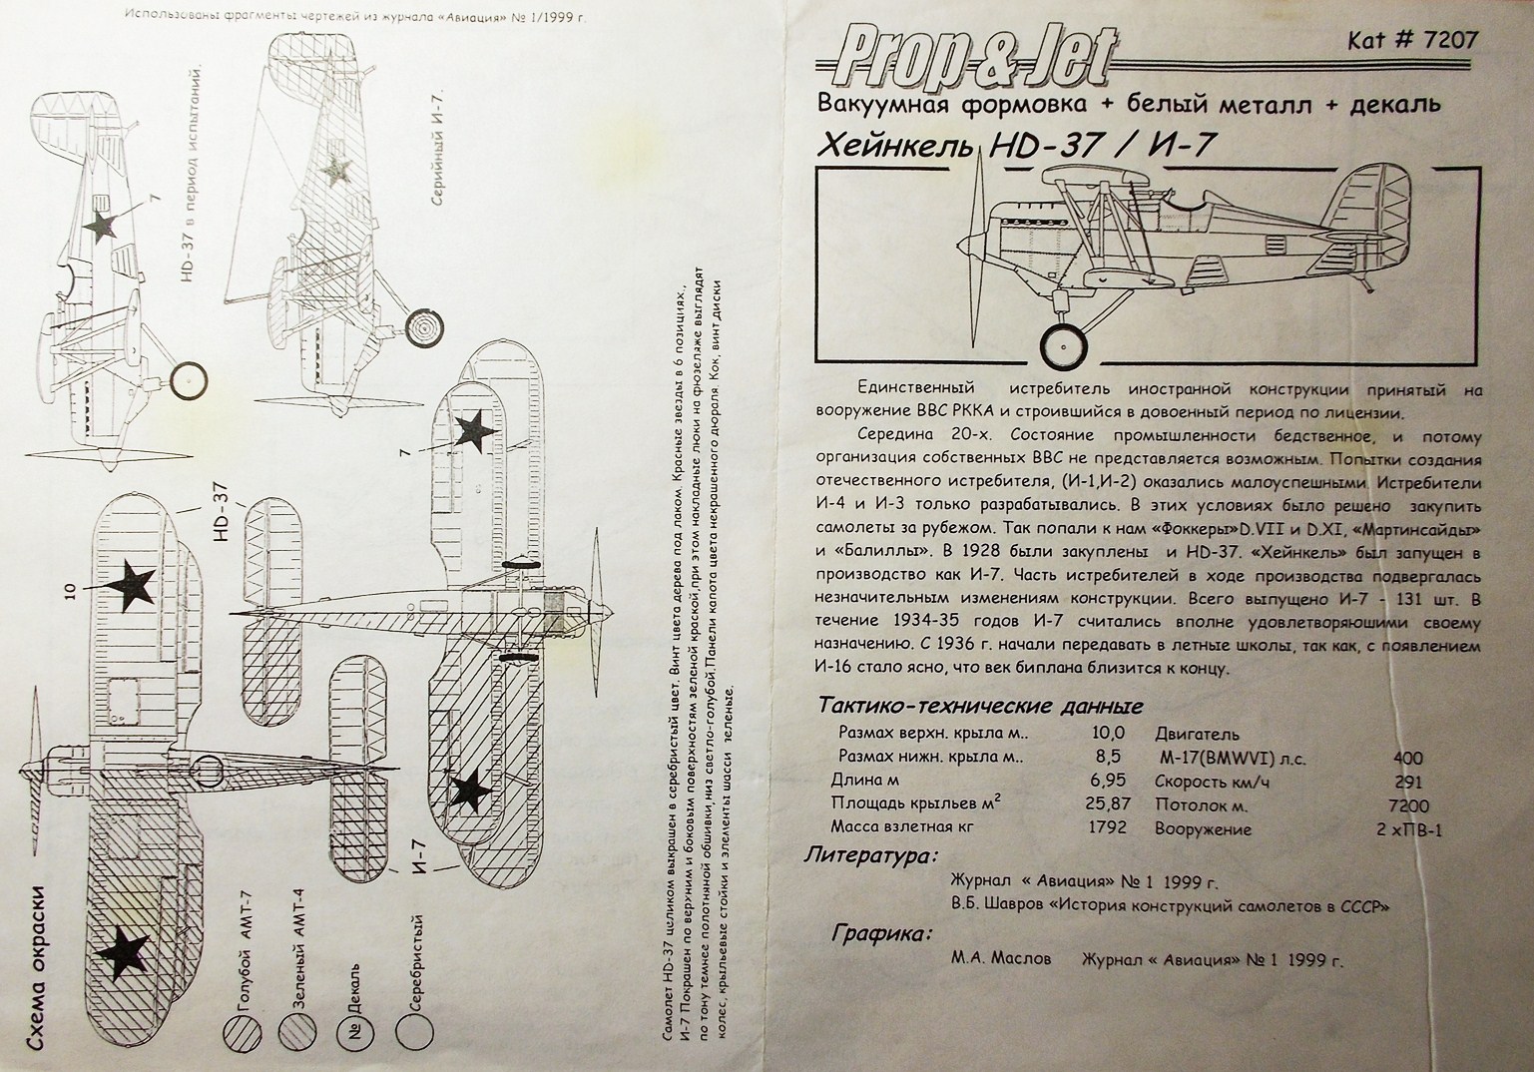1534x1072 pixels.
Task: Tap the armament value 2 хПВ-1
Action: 1408,829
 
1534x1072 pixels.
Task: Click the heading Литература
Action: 871,856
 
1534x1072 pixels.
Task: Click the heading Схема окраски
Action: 40,963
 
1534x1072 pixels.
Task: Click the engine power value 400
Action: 1407,759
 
